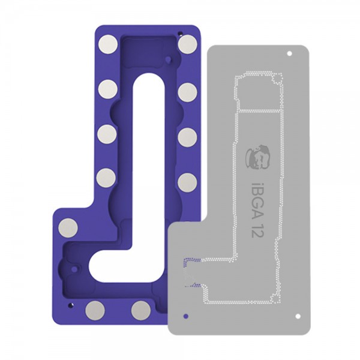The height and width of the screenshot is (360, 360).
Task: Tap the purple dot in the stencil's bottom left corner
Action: click(185, 314)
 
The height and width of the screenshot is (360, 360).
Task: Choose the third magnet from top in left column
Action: click(107, 133)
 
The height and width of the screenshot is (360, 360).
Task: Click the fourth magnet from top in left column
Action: click(106, 177)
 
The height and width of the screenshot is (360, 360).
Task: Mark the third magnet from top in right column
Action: click(187, 137)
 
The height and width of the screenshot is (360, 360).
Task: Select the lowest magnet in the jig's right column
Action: click(187, 182)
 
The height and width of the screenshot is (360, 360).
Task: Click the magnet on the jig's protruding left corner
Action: click(68, 227)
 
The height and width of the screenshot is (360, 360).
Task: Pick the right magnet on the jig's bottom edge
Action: click(141, 310)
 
